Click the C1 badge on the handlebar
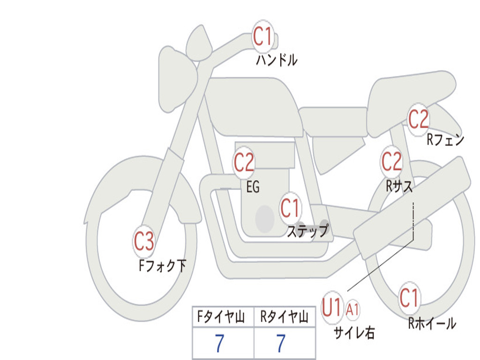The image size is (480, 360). pyautogui.click(x=263, y=36)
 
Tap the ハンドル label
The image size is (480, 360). pyautogui.click(x=277, y=60)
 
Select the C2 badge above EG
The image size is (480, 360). pyautogui.click(x=244, y=162)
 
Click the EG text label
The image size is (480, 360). pyautogui.click(x=253, y=187)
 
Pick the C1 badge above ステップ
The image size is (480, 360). pyautogui.click(x=290, y=208)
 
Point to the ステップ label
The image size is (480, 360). pyautogui.click(x=308, y=231)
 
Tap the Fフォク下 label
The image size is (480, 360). pyautogui.click(x=163, y=265)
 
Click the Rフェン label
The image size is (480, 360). pyautogui.click(x=446, y=140)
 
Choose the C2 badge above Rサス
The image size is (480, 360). pyautogui.click(x=391, y=162)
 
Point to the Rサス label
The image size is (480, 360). pyautogui.click(x=399, y=186)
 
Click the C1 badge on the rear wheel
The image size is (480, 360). pyautogui.click(x=409, y=298)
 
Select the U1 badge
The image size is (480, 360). pyautogui.click(x=332, y=307)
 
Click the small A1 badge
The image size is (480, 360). pyautogui.click(x=352, y=310)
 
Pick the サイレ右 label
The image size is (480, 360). pyautogui.click(x=354, y=332)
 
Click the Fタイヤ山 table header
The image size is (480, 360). pyautogui.click(x=221, y=316)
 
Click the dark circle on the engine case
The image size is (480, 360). pyautogui.click(x=265, y=219)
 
